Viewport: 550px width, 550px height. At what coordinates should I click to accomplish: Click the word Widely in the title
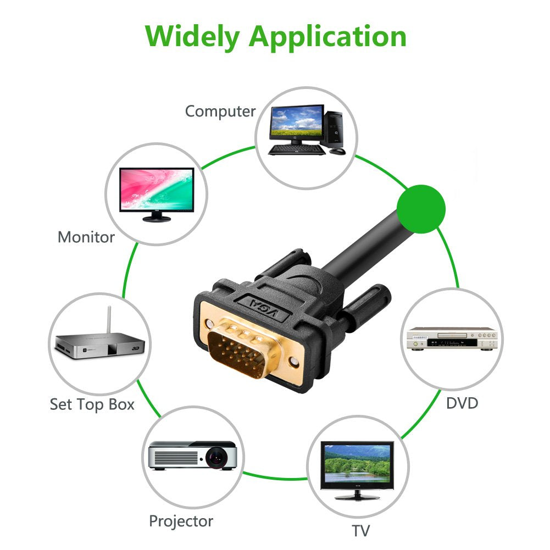[193, 36]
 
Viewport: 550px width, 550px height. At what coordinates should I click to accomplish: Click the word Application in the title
[327, 37]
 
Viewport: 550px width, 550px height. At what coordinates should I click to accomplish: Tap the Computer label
[220, 112]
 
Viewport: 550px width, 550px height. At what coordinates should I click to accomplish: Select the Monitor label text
[86, 237]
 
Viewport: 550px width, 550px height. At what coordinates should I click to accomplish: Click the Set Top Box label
[92, 405]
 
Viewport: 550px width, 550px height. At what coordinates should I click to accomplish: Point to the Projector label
[181, 521]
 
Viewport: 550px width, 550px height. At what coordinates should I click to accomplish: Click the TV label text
[360, 531]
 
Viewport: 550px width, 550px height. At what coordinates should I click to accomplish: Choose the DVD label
[462, 403]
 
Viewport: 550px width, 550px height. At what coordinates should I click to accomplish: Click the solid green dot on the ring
[420, 208]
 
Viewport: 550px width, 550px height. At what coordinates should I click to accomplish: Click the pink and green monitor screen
[157, 188]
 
